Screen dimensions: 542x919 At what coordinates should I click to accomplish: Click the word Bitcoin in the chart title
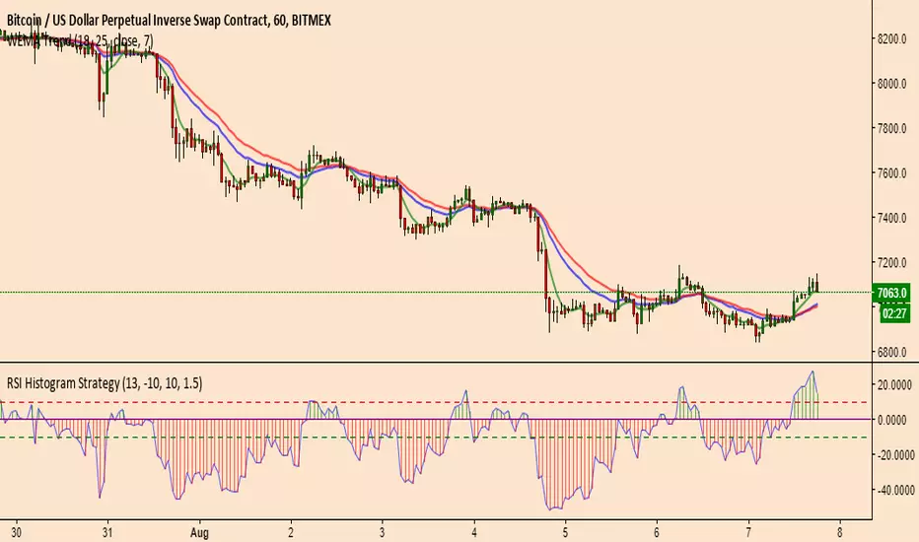click(25, 11)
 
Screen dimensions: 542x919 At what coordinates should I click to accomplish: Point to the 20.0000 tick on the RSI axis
click(894, 384)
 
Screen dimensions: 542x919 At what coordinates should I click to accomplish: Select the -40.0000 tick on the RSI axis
click(892, 490)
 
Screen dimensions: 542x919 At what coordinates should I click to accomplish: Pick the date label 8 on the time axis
click(840, 529)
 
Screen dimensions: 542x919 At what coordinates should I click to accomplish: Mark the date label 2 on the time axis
click(291, 529)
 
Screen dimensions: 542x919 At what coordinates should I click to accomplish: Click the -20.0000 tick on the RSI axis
click(892, 454)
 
